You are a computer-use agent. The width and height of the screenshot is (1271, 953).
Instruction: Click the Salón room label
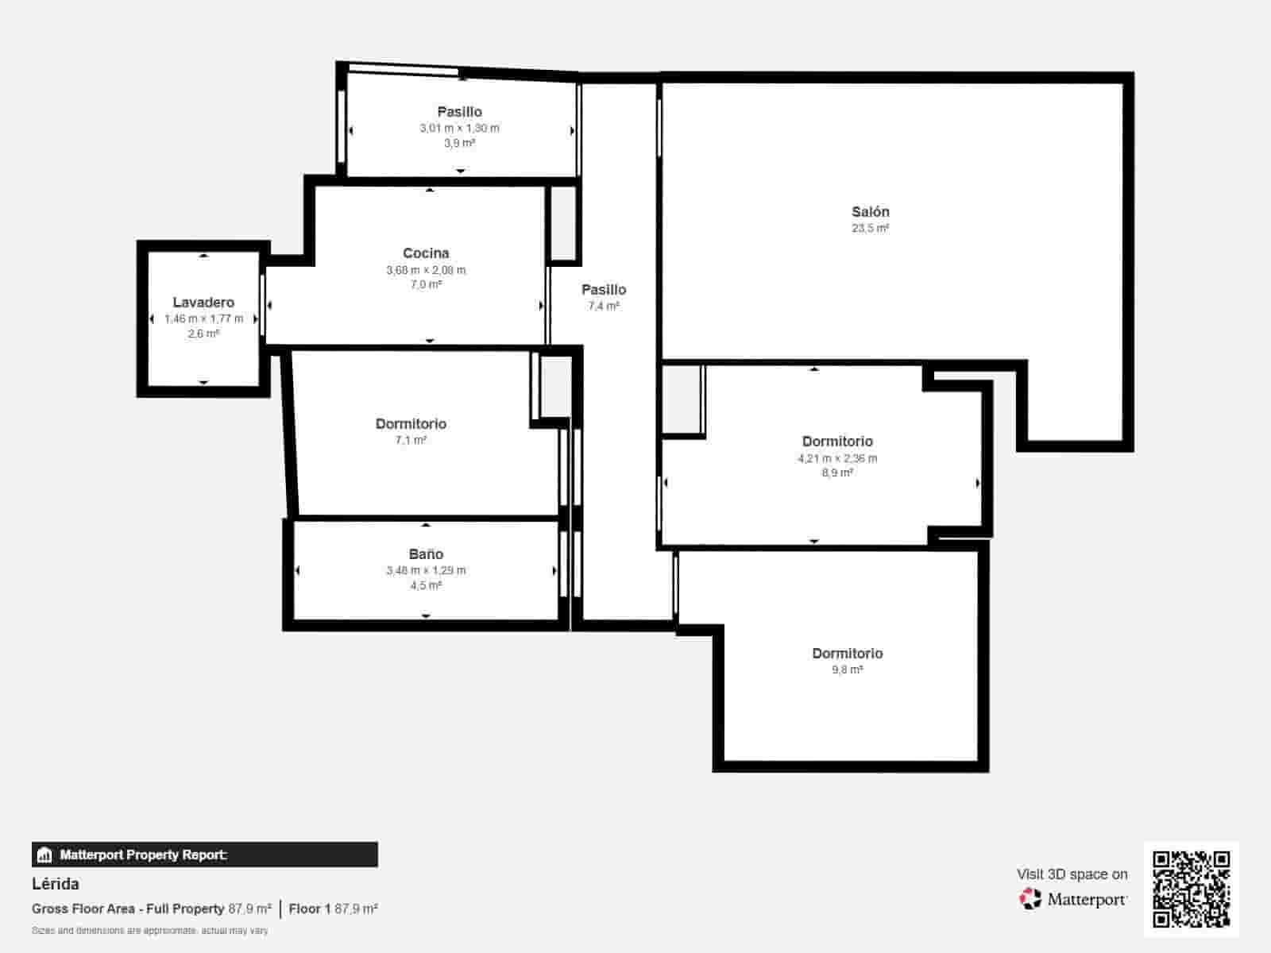(870, 212)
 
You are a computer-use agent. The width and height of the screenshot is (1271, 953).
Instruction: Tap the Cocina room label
(426, 253)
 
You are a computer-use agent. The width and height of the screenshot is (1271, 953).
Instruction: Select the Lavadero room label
(203, 303)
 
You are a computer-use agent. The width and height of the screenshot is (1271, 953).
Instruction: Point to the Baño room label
(426, 554)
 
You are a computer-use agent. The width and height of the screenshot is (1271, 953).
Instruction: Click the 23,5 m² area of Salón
(870, 228)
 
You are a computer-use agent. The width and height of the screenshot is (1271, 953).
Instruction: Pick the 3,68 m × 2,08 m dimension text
(426, 270)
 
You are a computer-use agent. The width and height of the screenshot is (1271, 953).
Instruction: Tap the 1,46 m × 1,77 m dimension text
(203, 318)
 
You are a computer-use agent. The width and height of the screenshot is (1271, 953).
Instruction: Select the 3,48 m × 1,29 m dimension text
(426, 570)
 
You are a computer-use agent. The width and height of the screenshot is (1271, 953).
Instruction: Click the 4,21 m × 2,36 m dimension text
(837, 458)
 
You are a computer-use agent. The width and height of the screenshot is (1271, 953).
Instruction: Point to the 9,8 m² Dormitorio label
(847, 654)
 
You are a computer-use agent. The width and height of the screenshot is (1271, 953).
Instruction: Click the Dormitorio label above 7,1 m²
(411, 424)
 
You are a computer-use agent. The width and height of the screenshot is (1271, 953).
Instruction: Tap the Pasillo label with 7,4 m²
(604, 290)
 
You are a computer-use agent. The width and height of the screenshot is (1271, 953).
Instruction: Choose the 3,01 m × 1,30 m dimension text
(459, 128)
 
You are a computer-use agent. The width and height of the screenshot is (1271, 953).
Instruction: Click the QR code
(1191, 889)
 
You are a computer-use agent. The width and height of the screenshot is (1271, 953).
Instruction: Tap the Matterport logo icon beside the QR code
(1030, 899)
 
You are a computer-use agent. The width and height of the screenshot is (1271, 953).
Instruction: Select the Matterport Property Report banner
(204, 855)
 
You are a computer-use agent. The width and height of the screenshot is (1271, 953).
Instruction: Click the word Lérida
(56, 884)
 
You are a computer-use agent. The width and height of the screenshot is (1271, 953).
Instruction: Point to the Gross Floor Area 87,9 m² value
(249, 909)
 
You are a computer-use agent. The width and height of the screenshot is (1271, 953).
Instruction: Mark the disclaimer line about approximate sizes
(149, 930)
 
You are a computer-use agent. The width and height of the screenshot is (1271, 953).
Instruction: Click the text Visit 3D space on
(1072, 874)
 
